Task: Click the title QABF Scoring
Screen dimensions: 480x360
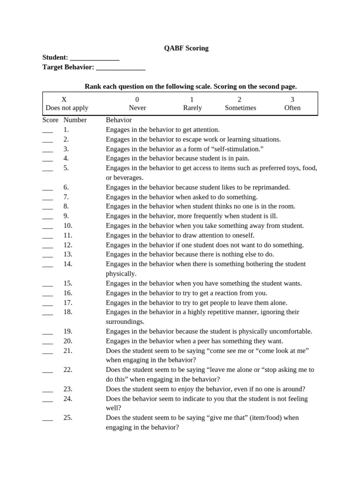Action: (x=186, y=48)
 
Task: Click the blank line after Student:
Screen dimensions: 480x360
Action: (x=94, y=58)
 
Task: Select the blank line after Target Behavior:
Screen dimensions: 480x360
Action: (x=120, y=68)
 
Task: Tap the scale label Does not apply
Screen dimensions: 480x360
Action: (x=67, y=108)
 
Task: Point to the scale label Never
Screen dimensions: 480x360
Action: (x=137, y=108)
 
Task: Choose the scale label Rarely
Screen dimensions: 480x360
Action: (x=192, y=108)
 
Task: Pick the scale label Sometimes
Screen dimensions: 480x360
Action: (x=240, y=108)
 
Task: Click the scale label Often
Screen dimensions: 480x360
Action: (x=292, y=108)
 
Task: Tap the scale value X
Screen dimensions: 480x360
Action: (x=64, y=99)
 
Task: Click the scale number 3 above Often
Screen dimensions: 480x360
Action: (x=292, y=99)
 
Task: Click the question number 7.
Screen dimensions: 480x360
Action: (x=66, y=197)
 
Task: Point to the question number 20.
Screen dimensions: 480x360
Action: (x=68, y=341)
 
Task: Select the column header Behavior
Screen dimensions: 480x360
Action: (x=119, y=120)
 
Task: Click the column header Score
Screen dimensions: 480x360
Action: (x=50, y=120)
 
